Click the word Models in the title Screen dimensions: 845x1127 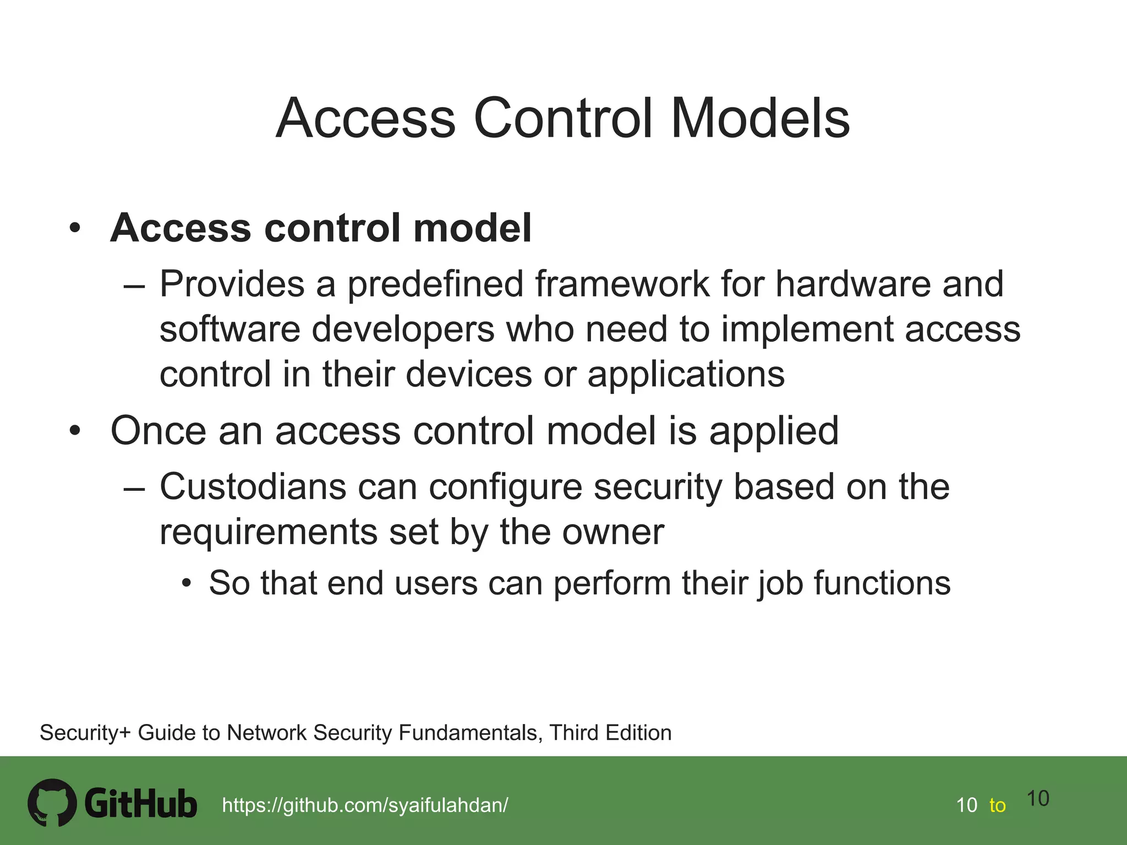tap(761, 118)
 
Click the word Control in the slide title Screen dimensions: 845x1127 tap(563, 118)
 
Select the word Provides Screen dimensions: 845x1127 tap(232, 284)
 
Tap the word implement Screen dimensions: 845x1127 tap(807, 330)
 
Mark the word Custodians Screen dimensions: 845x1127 tap(253, 487)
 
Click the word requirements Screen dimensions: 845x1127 tap(268, 533)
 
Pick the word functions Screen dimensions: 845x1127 tap(882, 583)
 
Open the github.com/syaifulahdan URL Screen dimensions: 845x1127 tap(365, 805)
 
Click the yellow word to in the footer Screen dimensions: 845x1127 tap(997, 805)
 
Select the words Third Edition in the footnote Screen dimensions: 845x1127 tap(610, 733)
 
